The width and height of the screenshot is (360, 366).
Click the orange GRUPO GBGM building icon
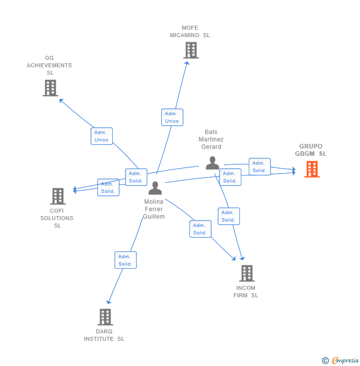(312, 169)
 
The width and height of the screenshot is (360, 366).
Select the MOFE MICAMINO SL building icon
(191, 50)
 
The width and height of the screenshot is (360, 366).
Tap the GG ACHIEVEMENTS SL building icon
(50, 88)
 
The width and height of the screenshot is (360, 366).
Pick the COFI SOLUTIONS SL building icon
(58, 196)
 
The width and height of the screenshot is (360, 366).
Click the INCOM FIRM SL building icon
(246, 273)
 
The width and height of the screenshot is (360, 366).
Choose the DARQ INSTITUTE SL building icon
(105, 317)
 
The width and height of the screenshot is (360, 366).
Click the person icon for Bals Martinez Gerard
(213, 163)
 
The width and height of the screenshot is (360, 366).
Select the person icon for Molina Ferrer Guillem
(155, 188)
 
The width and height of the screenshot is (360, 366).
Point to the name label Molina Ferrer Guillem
(154, 209)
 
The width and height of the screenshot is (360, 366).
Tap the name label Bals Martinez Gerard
(211, 139)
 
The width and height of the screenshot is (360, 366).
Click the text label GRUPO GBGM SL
(311, 150)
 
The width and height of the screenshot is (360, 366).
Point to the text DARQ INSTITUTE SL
(104, 335)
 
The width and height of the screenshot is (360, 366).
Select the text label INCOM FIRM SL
(246, 292)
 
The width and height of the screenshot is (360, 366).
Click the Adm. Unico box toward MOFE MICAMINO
(172, 117)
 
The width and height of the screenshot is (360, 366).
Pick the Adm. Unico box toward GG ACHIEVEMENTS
(101, 136)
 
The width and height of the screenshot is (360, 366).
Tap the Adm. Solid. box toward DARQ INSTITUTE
(125, 260)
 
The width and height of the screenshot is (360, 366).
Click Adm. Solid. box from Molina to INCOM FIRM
(200, 229)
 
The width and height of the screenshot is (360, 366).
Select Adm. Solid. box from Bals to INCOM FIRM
(228, 216)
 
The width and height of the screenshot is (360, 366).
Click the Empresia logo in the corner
(345, 361)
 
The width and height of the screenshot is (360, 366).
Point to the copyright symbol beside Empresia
(325, 361)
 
